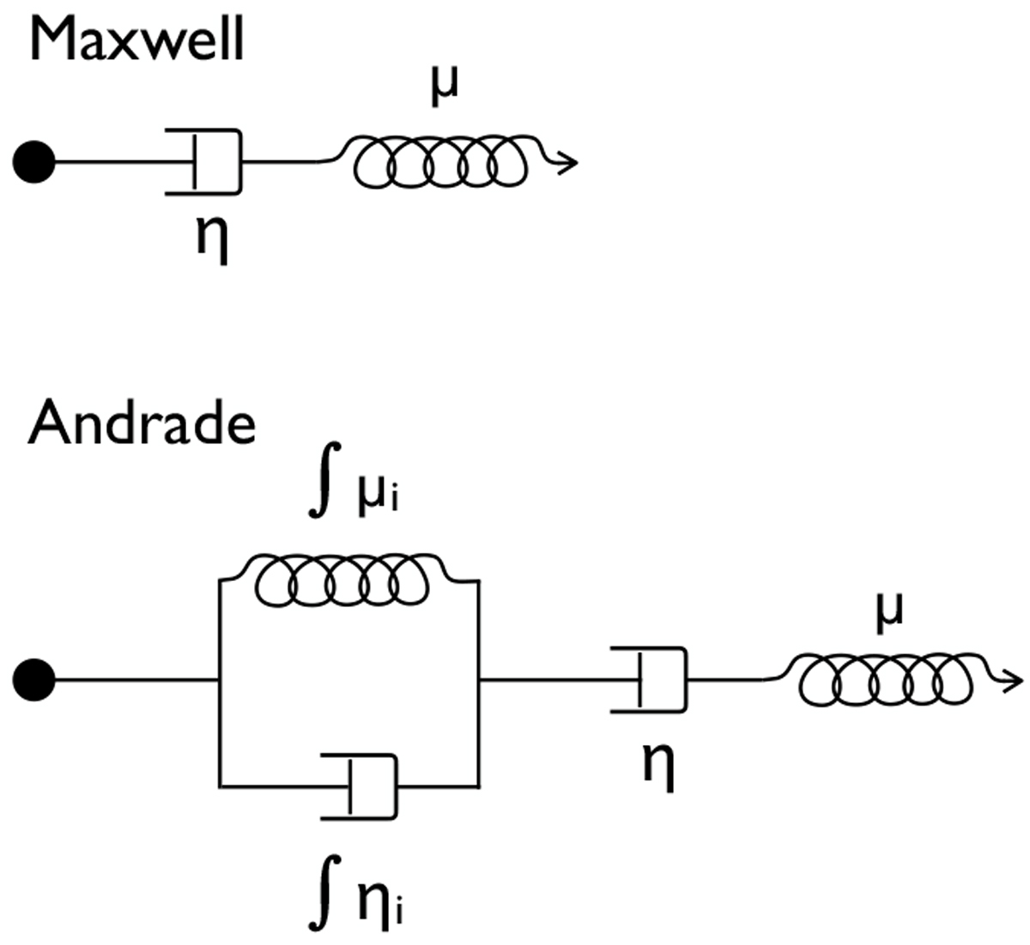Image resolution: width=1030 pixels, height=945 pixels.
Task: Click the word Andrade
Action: coord(142,424)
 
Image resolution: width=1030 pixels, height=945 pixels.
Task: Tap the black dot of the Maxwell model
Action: coord(34,161)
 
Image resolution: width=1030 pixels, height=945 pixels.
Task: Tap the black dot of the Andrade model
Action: coord(34,680)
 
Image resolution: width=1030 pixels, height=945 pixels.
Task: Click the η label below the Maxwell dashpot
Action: coord(212,238)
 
